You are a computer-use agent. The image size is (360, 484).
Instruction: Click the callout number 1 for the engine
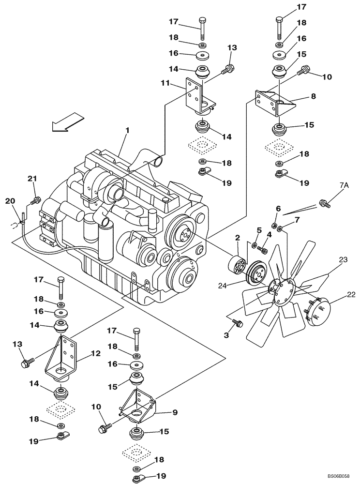128,130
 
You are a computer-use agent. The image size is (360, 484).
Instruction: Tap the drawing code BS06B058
341,476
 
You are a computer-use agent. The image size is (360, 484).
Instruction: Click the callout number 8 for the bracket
313,96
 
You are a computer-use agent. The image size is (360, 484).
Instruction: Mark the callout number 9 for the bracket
176,413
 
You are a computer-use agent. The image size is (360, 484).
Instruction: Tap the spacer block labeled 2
237,265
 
